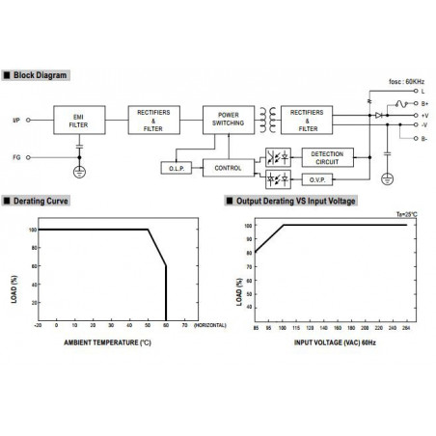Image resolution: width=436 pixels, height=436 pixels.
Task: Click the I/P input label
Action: (x=15, y=122)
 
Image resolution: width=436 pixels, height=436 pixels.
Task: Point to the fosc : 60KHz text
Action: (x=405, y=81)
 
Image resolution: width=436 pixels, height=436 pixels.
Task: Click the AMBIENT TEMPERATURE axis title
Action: (x=107, y=341)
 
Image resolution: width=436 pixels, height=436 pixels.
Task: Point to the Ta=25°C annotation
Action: (x=407, y=215)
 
